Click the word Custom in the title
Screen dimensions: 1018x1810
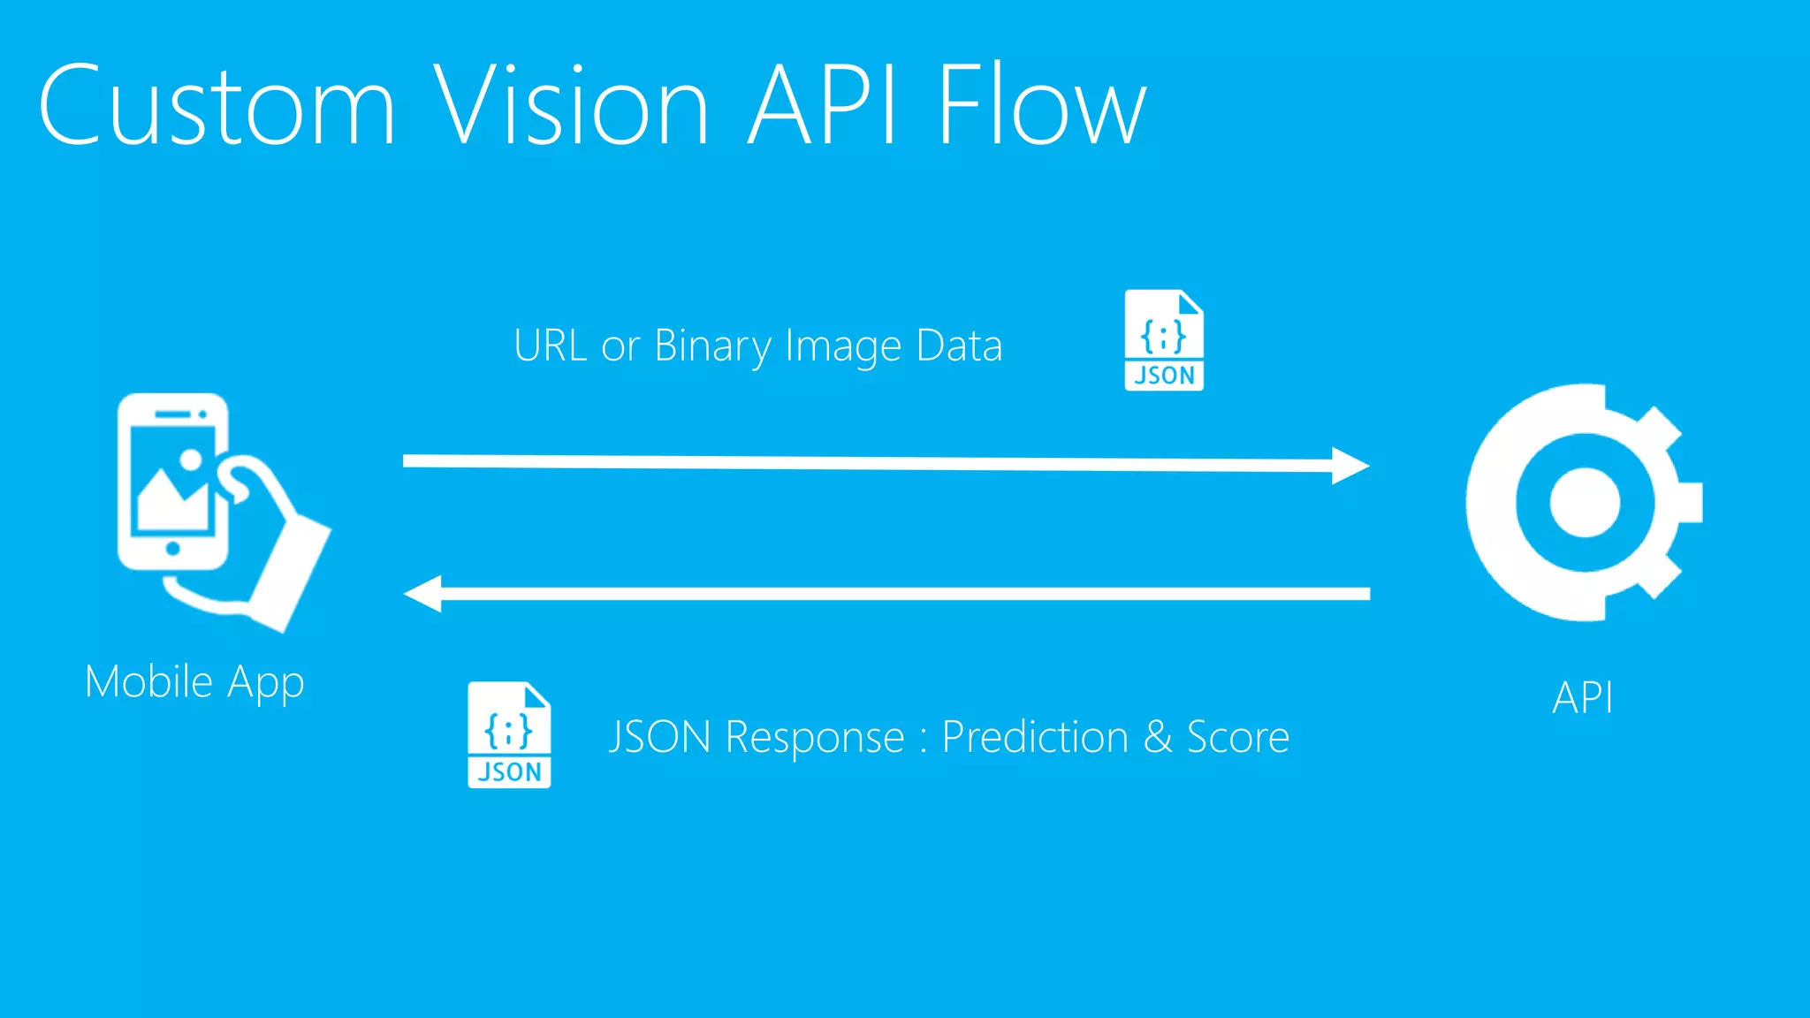click(x=217, y=106)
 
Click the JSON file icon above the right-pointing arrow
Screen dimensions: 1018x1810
click(x=1164, y=340)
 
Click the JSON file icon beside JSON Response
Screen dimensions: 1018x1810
click(x=509, y=735)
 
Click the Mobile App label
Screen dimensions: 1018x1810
click(x=194, y=682)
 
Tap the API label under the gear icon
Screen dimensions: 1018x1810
click(x=1583, y=698)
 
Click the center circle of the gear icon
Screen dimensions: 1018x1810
click(x=1585, y=502)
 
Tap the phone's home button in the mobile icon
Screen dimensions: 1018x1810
click(x=173, y=549)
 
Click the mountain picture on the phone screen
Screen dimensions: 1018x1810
click(x=172, y=499)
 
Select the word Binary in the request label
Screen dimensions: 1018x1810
click(x=713, y=346)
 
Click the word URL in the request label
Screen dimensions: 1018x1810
click(x=551, y=346)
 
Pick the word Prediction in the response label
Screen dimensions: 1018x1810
click(x=1036, y=737)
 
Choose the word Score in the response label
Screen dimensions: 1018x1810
click(x=1237, y=737)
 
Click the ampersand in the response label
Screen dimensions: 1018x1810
click(x=1158, y=737)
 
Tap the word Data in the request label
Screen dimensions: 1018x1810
click(x=959, y=346)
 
